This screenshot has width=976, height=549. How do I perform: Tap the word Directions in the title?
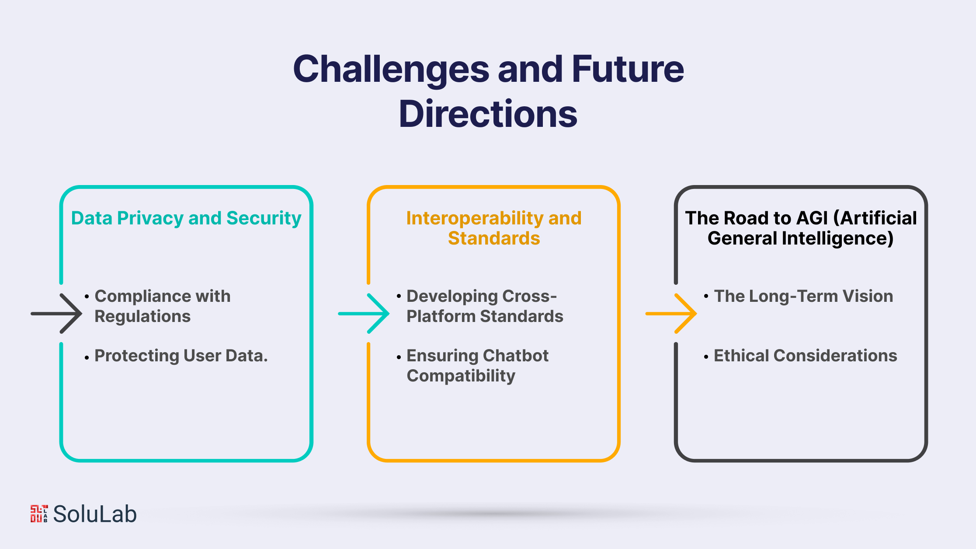488,114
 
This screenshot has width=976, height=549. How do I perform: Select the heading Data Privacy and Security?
186,218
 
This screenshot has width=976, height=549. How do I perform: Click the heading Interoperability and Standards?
494,228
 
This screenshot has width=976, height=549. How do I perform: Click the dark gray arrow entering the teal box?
57,313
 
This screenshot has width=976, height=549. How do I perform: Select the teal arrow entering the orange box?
364,313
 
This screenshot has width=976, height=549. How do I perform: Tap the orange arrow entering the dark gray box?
671,313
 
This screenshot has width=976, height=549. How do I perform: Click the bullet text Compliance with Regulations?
163,306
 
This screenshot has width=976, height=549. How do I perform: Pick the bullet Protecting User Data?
181,356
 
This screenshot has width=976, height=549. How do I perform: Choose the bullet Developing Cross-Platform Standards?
485,306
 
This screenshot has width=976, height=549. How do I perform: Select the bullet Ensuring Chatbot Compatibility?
477,366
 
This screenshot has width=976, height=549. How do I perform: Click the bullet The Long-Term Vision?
803,296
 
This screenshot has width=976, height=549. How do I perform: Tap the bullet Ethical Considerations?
805,356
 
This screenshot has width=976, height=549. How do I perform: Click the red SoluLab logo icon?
39,514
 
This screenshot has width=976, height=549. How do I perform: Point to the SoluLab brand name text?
95,514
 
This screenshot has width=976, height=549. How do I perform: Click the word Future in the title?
628,70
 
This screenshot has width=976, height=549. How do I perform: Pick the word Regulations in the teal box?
142,316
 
